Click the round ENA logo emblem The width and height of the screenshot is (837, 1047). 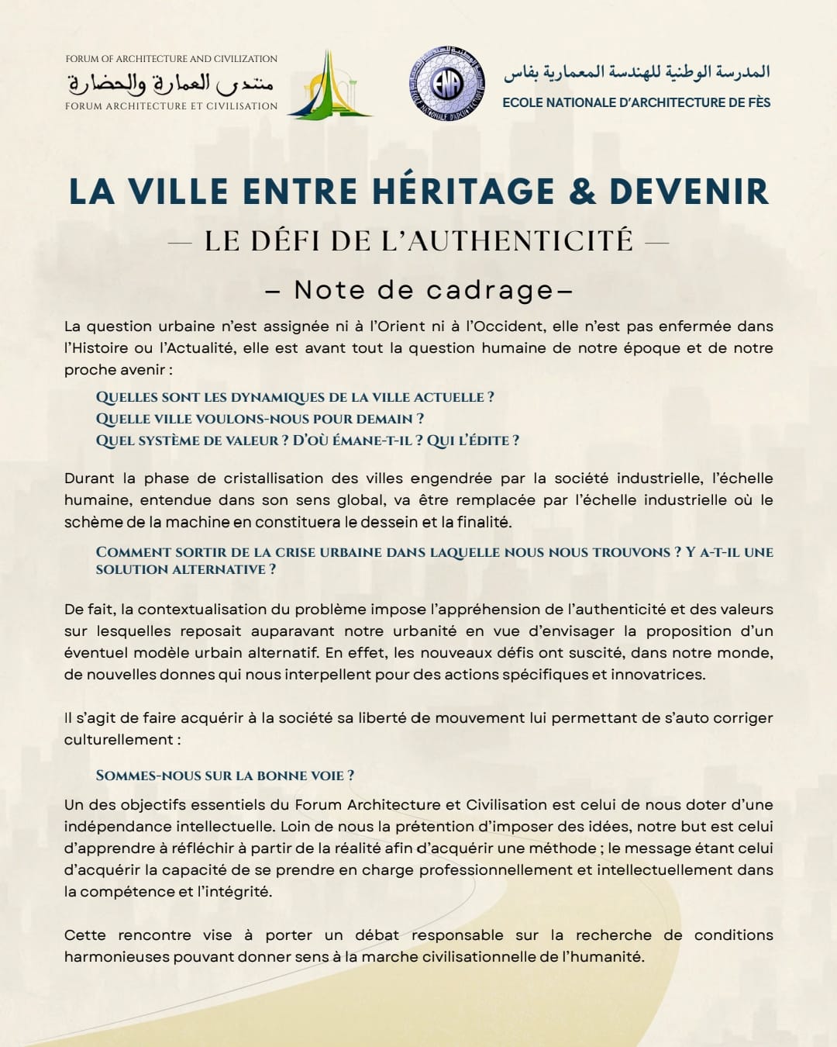point(446,84)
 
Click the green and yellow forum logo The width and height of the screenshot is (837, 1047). point(329,85)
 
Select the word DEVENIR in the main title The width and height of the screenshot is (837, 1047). point(689,192)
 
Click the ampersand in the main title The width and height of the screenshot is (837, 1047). point(582,192)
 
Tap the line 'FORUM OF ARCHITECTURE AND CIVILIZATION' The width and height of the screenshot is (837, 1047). point(171,59)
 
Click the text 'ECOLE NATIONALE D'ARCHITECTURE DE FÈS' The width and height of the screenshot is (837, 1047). point(636,102)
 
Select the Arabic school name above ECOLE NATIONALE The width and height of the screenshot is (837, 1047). point(636,72)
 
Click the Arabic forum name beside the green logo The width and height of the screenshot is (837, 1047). point(170,82)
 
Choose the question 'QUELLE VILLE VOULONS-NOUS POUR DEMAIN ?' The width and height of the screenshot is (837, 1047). point(260,419)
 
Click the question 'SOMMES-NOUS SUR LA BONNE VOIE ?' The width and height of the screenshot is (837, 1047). point(225,776)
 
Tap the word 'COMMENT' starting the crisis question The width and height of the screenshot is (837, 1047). point(133,552)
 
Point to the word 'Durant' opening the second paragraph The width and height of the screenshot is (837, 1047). point(89,479)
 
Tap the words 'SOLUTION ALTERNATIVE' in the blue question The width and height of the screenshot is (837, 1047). point(181,569)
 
